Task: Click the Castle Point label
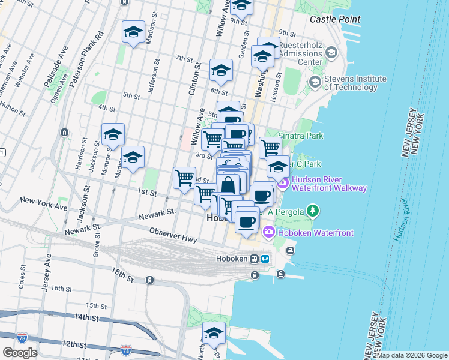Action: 335,19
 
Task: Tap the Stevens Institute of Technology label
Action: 355,83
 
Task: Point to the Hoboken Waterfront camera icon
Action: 268,232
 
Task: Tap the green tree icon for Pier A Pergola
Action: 312,211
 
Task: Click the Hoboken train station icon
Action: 255,259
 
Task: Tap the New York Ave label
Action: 43,203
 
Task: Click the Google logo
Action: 20,352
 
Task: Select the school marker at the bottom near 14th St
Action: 214,334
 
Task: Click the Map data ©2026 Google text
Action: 412,355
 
